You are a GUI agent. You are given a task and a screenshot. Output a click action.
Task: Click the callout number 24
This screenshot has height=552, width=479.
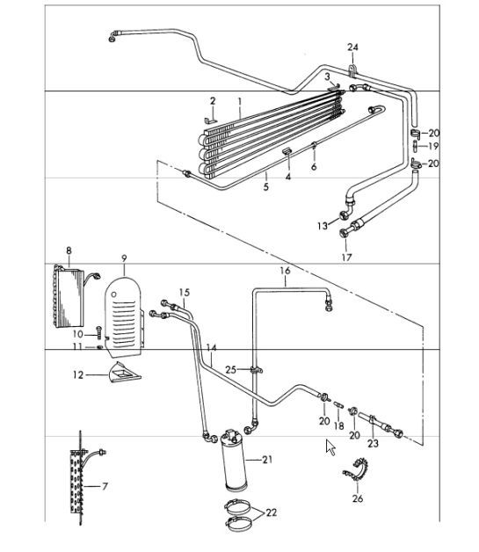(353, 47)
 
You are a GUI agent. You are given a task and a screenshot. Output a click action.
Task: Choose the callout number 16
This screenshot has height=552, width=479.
(284, 271)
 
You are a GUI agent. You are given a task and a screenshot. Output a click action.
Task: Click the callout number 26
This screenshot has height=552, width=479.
(356, 500)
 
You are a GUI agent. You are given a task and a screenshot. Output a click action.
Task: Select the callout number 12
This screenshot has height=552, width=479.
(78, 374)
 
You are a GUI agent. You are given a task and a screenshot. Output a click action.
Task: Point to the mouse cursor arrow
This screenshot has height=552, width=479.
(330, 447)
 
